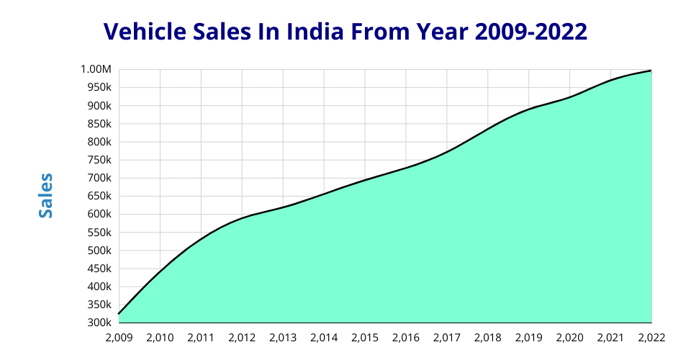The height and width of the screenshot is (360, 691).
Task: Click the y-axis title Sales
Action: coord(46,196)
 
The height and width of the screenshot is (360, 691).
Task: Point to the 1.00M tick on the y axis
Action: coord(96,70)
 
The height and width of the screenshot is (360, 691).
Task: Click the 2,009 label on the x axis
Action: coord(119,337)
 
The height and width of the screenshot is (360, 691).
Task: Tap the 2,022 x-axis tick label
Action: coord(651,337)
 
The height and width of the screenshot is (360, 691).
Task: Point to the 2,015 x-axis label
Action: coord(365,337)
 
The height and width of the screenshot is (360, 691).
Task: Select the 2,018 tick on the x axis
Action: coord(488,337)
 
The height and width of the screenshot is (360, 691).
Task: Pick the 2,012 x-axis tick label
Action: coord(242,337)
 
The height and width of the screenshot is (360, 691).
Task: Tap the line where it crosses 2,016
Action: coord(406,167)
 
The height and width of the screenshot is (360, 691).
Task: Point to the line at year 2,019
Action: coord(529,109)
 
